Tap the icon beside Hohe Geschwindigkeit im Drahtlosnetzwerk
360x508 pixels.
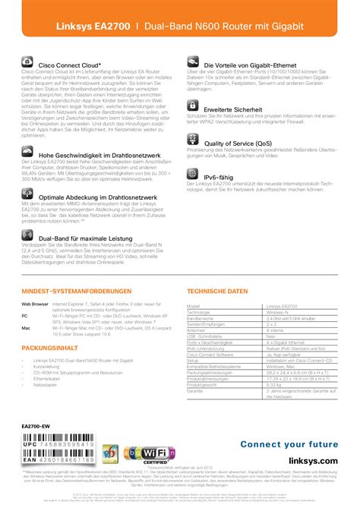point(28,154)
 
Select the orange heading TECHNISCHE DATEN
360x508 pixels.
point(217,270)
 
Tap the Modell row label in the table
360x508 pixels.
point(197,284)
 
